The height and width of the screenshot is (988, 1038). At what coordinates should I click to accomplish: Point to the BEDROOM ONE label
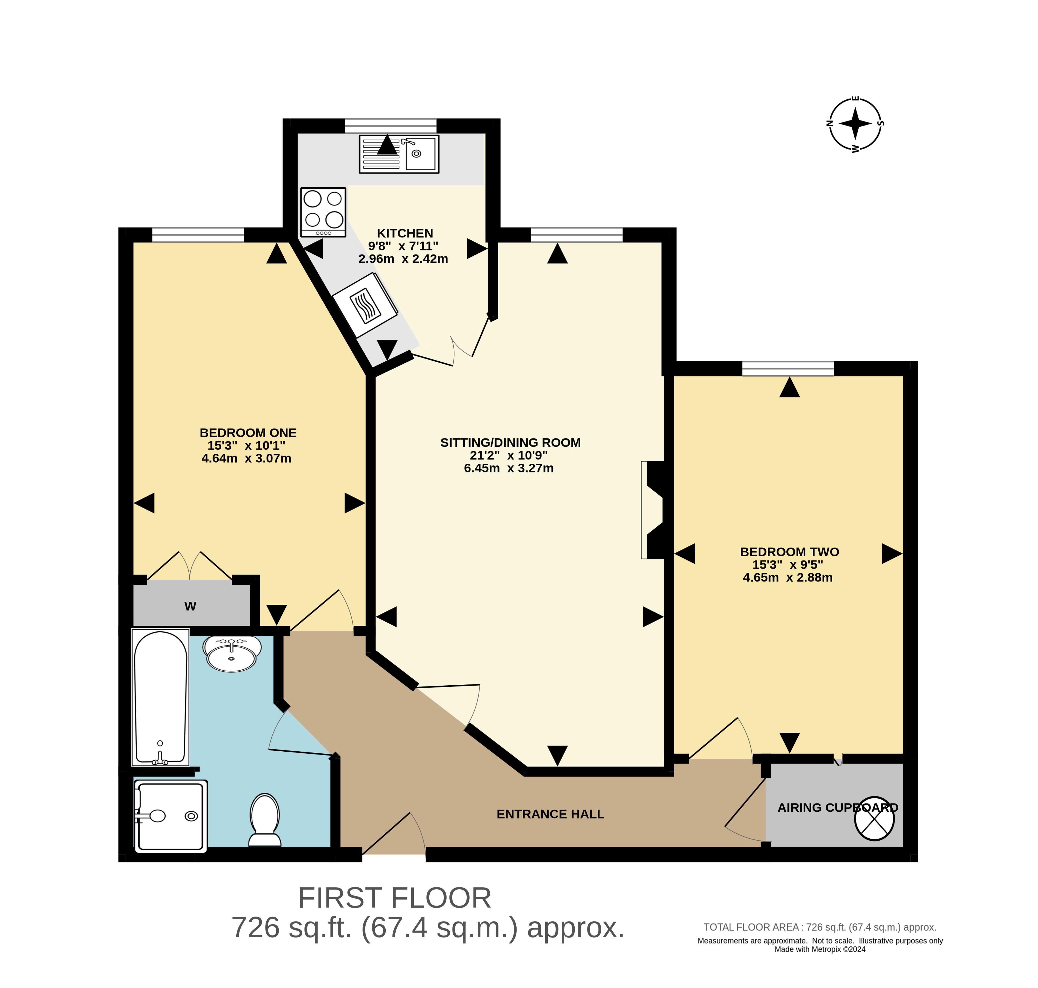[x=248, y=433]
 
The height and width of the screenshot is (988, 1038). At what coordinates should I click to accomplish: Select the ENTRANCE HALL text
[x=550, y=814]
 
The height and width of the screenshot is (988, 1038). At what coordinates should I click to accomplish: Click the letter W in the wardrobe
[x=190, y=607]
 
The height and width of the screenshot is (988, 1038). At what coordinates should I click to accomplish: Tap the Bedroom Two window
[x=788, y=369]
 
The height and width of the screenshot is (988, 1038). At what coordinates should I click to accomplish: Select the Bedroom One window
[x=198, y=235]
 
